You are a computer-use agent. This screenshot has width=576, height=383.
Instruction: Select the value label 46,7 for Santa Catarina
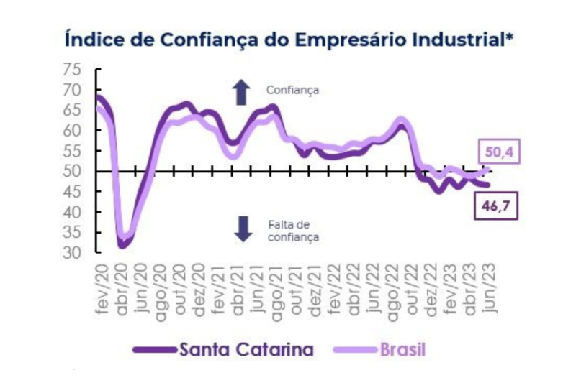point(495,206)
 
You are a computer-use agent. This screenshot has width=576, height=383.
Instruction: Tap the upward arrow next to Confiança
point(241,91)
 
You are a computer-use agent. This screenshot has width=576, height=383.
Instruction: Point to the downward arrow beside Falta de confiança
point(243,228)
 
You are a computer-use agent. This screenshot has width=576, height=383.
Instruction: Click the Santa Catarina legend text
point(246,350)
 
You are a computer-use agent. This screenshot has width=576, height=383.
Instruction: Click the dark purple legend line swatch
point(155,351)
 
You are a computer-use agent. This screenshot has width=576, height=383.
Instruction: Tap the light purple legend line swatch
point(354,351)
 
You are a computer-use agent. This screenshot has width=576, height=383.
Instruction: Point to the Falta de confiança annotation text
point(292,229)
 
